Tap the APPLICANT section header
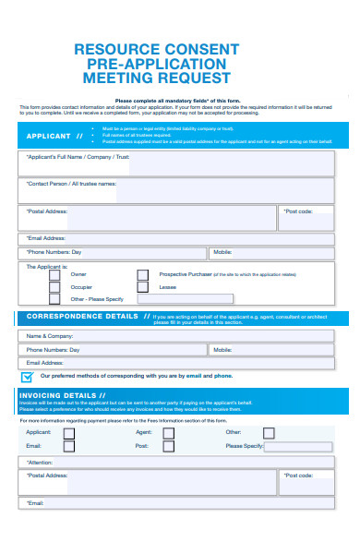tap(54, 137)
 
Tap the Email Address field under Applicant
tap(185, 238)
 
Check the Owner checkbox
tap(54, 274)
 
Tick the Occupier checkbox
tap(54, 287)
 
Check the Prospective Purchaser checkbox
tap(142, 274)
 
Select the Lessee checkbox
tap(142, 287)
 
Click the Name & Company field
tap(185, 336)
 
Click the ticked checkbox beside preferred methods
tap(28, 377)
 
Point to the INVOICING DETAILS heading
tap(57, 395)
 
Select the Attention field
tap(185, 462)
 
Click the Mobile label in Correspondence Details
tap(222, 350)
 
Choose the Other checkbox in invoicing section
tap(268, 432)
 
